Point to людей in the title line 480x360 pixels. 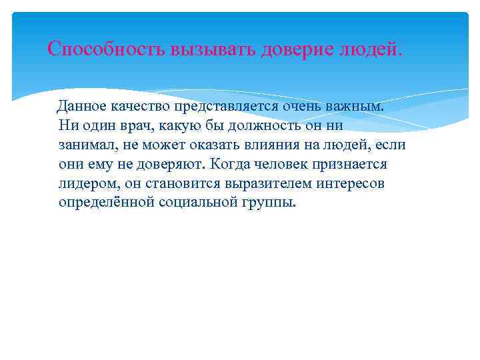tap(369, 49)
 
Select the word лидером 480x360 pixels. tap(86, 183)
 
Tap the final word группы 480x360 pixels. tap(270, 203)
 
